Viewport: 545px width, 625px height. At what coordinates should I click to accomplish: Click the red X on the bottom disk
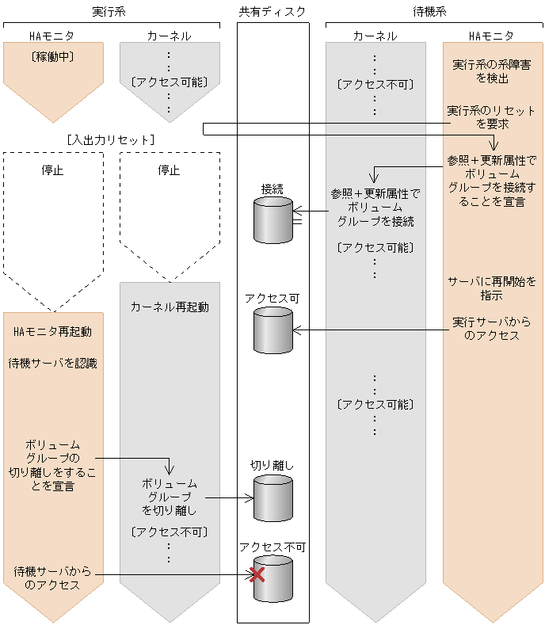click(x=257, y=575)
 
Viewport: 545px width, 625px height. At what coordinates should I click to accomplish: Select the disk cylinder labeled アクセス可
click(x=272, y=330)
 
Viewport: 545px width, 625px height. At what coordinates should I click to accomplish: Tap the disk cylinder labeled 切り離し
click(x=272, y=498)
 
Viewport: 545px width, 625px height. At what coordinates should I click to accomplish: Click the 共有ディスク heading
click(x=272, y=12)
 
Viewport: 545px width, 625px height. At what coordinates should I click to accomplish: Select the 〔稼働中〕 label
click(x=52, y=56)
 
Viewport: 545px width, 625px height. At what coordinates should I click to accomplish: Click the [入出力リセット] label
click(x=111, y=140)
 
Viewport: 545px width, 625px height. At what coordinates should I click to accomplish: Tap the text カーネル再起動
click(x=169, y=307)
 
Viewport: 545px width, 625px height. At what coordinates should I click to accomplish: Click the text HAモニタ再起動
click(x=52, y=331)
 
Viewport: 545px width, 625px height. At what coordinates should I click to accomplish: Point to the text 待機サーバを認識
click(x=52, y=364)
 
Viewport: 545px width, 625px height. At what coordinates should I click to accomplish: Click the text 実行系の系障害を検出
click(x=492, y=71)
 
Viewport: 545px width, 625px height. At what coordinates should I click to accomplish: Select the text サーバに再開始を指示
click(x=492, y=288)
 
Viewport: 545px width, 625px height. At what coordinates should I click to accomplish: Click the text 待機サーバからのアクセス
click(x=52, y=578)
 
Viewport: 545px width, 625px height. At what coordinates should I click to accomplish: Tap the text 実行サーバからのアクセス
click(x=492, y=329)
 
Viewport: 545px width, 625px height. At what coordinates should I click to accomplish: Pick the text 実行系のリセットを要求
click(x=492, y=116)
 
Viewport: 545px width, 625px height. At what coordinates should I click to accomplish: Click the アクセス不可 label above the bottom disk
click(x=272, y=547)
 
